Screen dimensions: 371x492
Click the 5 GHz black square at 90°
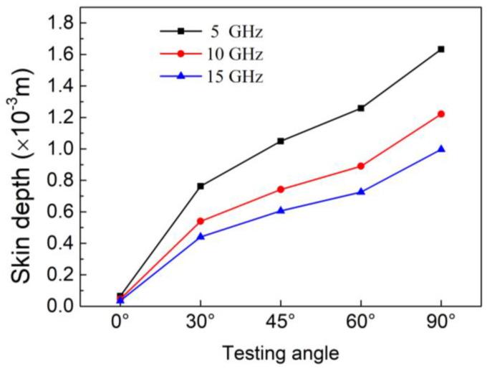pyautogui.click(x=441, y=49)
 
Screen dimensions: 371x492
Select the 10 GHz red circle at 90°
pyautogui.click(x=441, y=113)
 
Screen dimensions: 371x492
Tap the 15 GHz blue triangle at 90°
pyautogui.click(x=441, y=149)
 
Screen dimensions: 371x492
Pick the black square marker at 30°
pyautogui.click(x=201, y=186)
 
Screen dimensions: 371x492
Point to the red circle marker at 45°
pyautogui.click(x=281, y=189)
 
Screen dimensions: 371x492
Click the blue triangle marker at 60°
pyautogui.click(x=361, y=192)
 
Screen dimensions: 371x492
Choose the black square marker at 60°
pyautogui.click(x=361, y=108)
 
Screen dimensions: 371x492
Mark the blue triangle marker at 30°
pyautogui.click(x=201, y=236)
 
